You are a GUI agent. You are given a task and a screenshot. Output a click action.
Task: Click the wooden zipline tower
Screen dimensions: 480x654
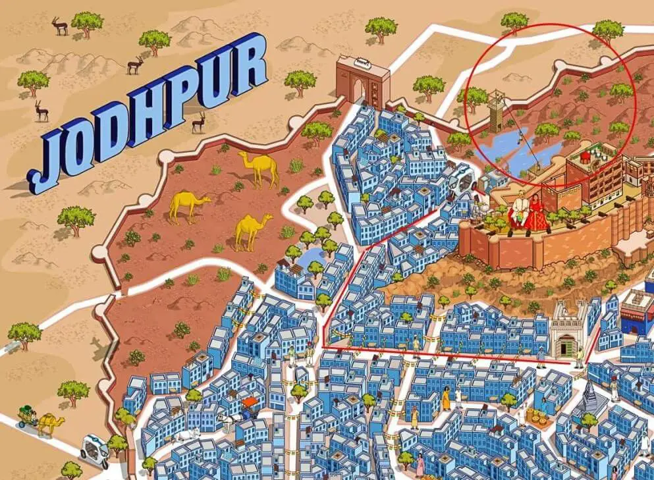pos(495,112)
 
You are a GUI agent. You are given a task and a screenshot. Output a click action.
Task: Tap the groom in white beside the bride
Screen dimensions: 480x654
pos(518,210)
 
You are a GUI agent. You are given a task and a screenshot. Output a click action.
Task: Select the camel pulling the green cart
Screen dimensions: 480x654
pos(49,423)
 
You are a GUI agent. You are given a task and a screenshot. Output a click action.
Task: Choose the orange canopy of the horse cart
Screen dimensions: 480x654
pos(250,401)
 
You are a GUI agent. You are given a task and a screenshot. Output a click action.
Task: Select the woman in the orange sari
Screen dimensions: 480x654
pos(447,398)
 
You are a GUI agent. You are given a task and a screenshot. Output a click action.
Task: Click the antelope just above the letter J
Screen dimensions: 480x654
pos(41,110)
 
